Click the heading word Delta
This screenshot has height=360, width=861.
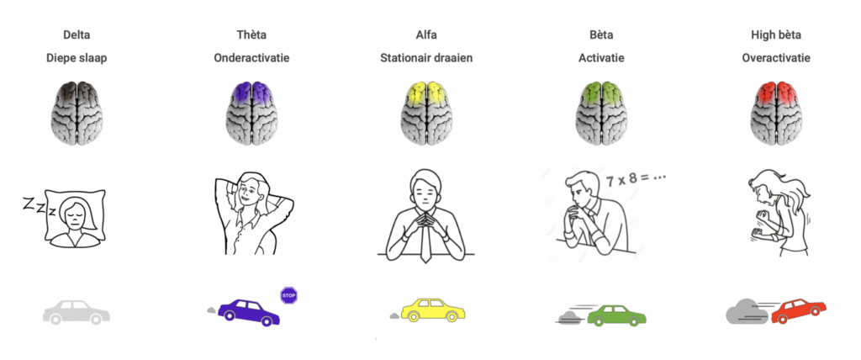coord(77,35)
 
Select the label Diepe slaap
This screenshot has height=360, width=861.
coord(77,59)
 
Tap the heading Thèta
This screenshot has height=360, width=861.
coord(253,35)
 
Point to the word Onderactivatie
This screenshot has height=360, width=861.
coord(253,59)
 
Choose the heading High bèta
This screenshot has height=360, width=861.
coord(775,35)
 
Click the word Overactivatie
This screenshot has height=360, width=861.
coord(775,59)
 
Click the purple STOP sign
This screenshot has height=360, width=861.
coord(289,295)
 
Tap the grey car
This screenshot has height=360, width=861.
coord(76,312)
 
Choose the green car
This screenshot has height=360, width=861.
coord(616,314)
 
